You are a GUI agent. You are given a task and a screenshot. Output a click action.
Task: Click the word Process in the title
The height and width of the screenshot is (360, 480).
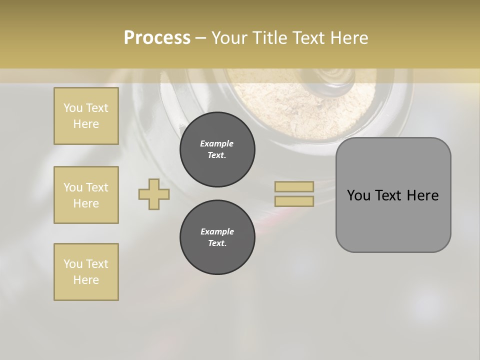pos(157,38)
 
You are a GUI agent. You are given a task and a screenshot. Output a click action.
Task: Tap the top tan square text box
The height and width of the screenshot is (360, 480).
pos(86,116)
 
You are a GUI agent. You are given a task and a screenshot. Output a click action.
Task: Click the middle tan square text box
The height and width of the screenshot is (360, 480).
pos(86,195)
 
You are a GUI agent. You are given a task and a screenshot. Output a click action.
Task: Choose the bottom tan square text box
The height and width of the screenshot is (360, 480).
pos(86,272)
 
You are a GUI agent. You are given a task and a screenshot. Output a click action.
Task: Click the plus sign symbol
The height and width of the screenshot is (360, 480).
pos(154,194)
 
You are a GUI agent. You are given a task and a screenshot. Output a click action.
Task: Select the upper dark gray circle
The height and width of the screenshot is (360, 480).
pos(217,149)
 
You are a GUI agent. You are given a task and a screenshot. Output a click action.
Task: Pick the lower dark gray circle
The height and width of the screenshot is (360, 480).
pos(217,237)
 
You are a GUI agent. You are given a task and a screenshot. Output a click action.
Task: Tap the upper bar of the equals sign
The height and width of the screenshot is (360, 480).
pos(294,186)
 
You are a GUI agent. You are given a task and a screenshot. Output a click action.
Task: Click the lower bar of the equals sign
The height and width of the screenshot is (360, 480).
pos(294,201)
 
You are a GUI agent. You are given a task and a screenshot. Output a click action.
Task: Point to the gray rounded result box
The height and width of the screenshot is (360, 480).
pos(393,195)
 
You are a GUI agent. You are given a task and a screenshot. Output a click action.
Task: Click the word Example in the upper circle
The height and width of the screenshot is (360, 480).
pos(217,143)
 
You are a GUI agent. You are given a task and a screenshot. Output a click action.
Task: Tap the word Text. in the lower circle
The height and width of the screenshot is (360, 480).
pos(217,243)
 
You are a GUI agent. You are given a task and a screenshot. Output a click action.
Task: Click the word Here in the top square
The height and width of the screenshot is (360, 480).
pos(86,124)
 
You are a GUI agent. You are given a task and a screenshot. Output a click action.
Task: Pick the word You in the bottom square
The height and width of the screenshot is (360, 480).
pos(73,264)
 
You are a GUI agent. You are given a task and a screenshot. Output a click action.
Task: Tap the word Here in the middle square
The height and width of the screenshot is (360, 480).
pos(86,203)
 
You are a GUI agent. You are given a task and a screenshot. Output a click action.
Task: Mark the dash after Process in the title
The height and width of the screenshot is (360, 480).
pos(200,38)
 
